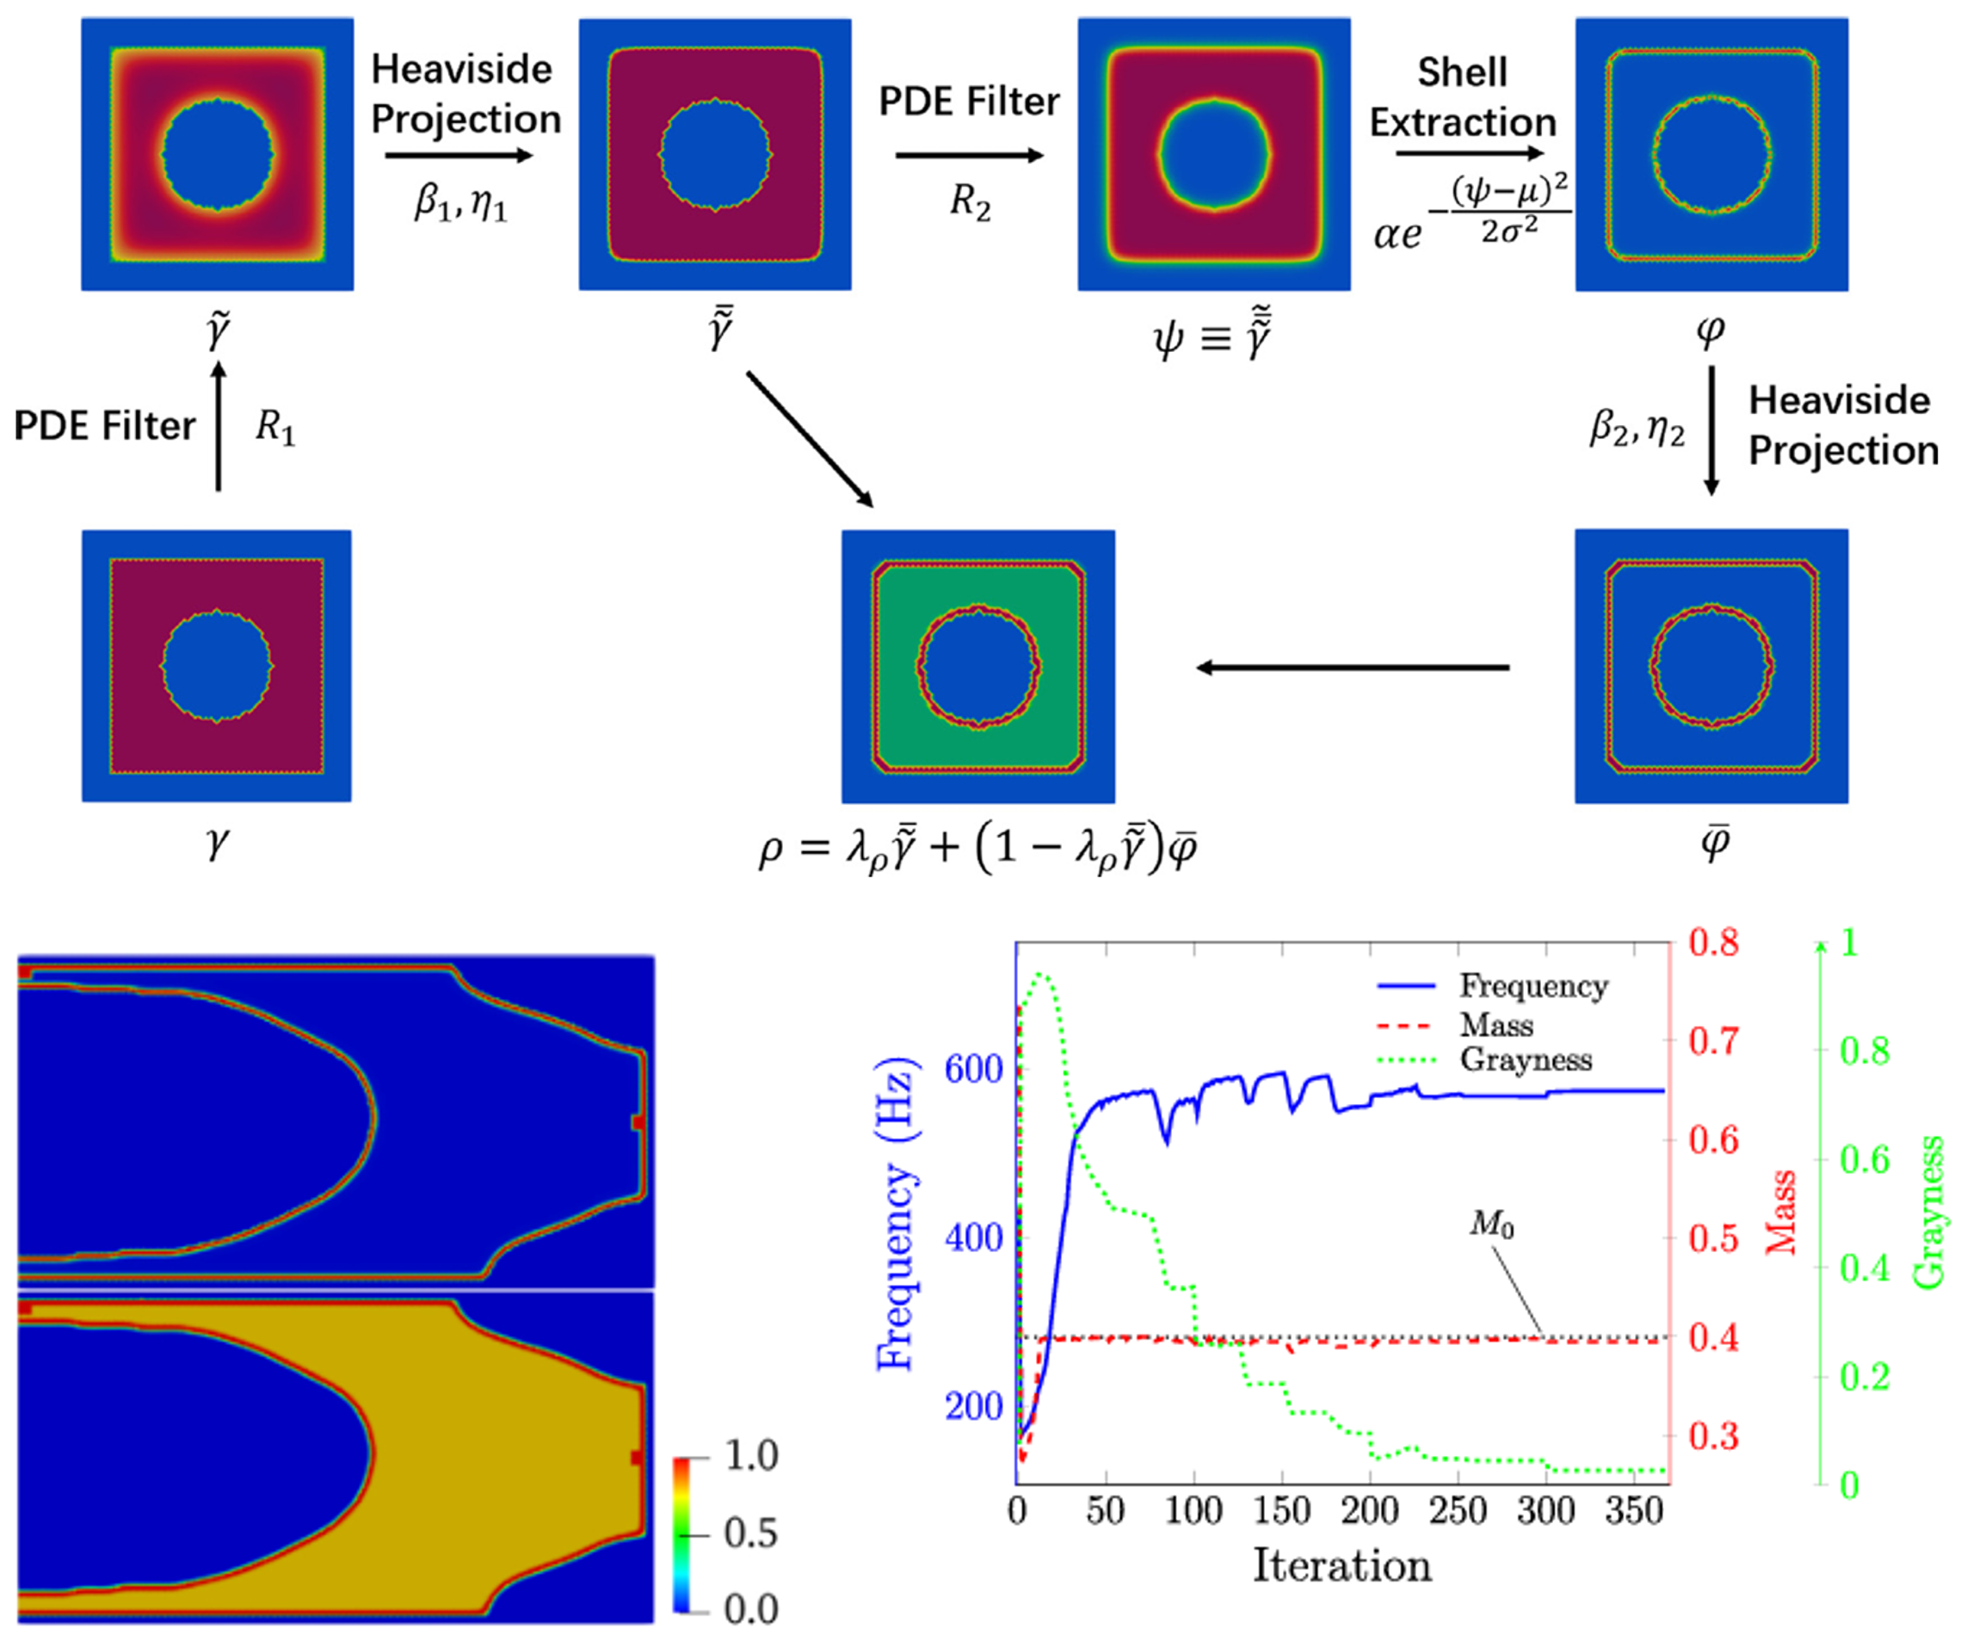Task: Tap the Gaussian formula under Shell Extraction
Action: click(1472, 212)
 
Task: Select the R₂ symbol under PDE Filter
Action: click(971, 201)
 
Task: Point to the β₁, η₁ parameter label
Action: click(460, 201)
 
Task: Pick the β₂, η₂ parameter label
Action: click(1637, 429)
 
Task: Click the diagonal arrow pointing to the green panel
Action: click(810, 440)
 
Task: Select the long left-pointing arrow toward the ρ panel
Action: click(1354, 668)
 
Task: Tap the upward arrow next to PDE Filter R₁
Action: click(219, 426)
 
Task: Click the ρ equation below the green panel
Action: click(977, 851)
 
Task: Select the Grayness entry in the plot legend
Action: click(1486, 1060)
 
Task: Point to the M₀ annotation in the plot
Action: click(1492, 1225)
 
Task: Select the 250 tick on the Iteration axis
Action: click(1458, 1510)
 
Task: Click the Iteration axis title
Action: click(1341, 1566)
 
